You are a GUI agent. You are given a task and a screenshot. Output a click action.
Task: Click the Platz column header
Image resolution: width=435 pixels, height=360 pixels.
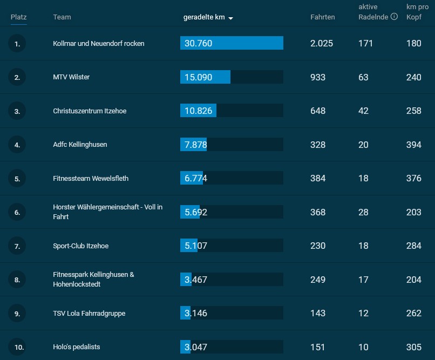coord(18,17)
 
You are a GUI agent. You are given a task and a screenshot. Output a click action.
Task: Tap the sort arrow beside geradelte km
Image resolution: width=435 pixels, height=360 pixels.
coord(230,18)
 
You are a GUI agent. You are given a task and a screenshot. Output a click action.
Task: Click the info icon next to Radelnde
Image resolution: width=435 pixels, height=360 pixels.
coord(394,17)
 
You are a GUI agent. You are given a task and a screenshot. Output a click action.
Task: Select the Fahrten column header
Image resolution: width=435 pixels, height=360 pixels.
coord(323,17)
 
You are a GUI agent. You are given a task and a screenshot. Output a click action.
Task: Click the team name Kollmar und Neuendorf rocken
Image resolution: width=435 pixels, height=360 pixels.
coord(98,44)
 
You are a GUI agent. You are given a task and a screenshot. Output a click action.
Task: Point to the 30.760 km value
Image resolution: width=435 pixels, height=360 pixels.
coord(199,43)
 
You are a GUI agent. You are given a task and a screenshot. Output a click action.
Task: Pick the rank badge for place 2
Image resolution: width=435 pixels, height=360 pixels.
coord(17,77)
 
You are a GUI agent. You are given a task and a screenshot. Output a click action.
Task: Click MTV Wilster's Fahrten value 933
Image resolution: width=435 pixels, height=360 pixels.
coord(318,77)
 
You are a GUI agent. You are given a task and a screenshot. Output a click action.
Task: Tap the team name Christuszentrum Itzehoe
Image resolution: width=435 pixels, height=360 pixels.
coord(90,111)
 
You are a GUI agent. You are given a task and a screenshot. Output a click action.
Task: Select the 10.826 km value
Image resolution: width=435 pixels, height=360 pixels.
coord(199,111)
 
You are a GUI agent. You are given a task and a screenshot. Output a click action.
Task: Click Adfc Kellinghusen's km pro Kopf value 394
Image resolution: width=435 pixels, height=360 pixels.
coord(413,145)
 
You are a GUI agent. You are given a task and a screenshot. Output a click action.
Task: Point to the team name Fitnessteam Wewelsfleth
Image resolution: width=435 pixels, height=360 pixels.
coord(91,178)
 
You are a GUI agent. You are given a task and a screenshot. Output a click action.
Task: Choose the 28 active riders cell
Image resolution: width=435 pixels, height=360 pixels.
coord(363,212)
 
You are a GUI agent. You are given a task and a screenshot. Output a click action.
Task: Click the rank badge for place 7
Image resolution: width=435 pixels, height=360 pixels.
coord(17,246)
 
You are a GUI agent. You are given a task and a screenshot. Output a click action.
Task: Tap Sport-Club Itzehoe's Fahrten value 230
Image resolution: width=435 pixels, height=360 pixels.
coord(318,246)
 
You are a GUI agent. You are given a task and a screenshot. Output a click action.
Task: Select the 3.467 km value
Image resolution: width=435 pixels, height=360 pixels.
coord(196,280)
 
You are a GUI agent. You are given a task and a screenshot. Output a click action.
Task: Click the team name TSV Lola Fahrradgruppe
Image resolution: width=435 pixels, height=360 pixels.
coord(89,314)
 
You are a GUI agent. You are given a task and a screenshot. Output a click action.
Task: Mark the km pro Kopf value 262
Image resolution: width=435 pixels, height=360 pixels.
coord(413,313)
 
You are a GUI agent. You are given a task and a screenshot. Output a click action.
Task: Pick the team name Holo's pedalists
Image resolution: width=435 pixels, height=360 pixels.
coord(76,347)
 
